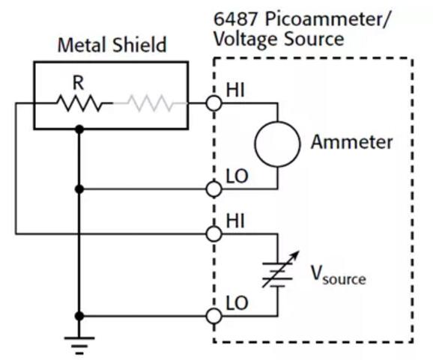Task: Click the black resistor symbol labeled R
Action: (80, 103)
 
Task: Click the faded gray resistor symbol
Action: (151, 103)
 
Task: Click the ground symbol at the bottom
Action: (79, 345)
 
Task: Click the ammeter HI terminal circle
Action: (214, 103)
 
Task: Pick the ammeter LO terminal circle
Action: (214, 189)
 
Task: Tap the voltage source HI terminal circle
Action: (214, 234)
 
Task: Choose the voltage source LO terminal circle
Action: (214, 316)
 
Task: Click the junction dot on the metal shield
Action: (79, 129)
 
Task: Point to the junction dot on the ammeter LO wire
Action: (79, 189)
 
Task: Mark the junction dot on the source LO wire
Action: (79, 316)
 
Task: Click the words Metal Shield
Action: (112, 45)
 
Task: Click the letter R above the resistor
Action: (78, 83)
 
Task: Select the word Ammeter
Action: (352, 142)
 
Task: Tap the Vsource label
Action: (339, 275)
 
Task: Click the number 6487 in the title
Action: (236, 19)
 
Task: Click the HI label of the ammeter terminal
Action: (235, 90)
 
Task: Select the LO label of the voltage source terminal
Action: (237, 303)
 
